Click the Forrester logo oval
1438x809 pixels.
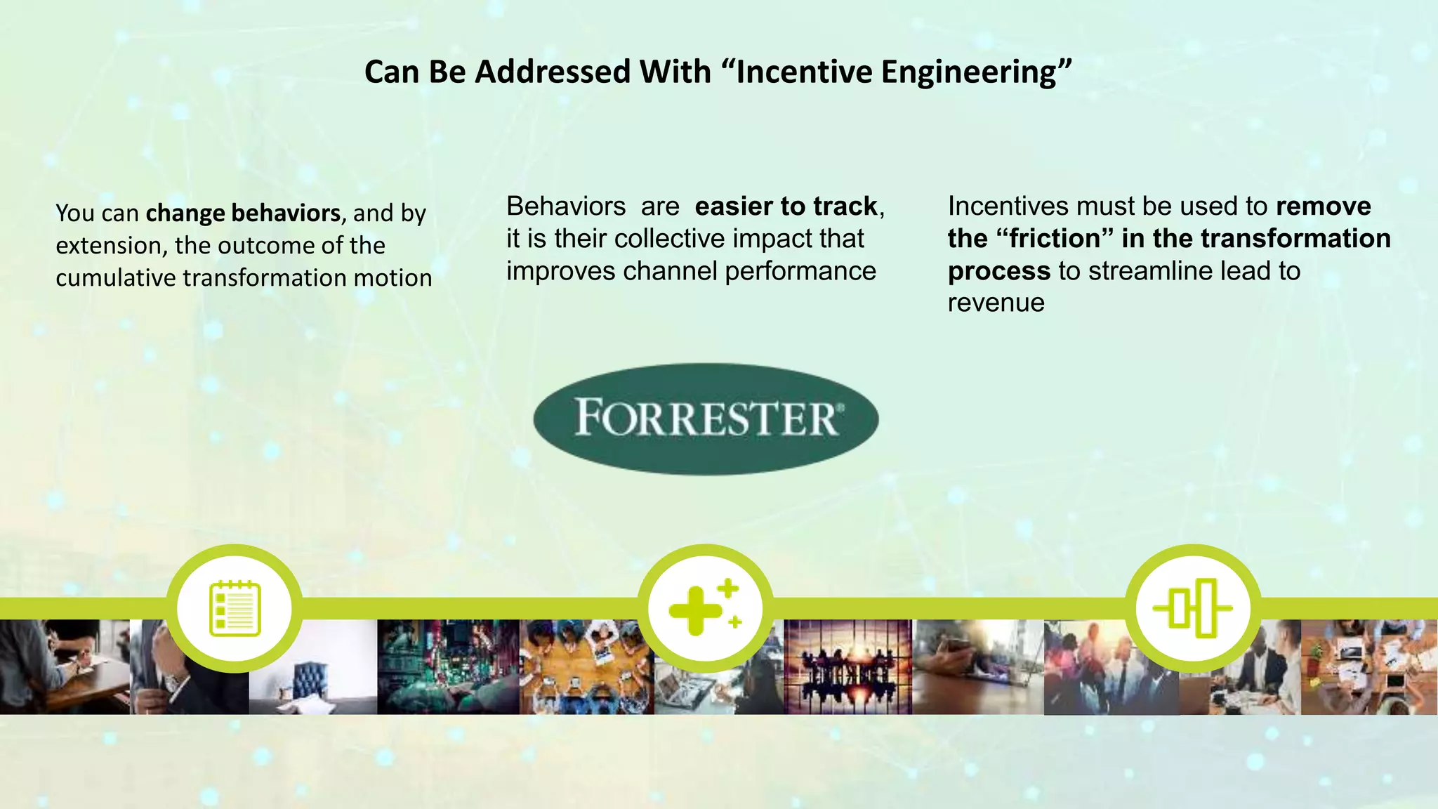pos(706,419)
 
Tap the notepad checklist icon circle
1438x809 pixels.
pos(235,609)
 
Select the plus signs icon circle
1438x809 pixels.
pos(706,609)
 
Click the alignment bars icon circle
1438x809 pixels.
pos(1193,609)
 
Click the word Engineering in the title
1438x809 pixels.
pos(974,72)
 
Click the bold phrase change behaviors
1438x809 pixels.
pos(243,213)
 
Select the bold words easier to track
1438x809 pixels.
pos(786,206)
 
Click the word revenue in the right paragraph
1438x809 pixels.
pos(996,303)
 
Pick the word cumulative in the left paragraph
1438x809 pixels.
pos(116,278)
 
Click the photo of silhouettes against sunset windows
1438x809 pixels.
pos(847,667)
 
